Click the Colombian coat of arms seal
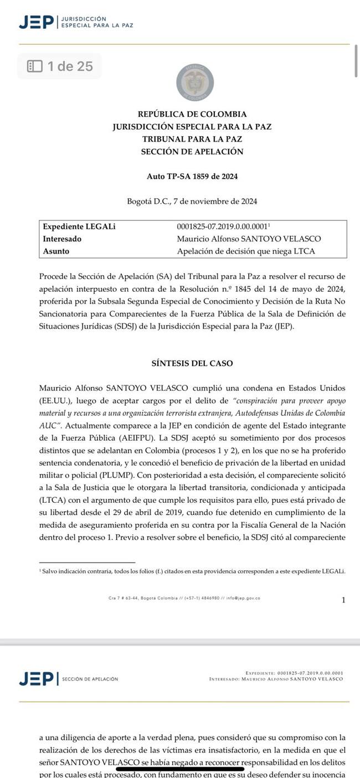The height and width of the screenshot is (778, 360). [195, 83]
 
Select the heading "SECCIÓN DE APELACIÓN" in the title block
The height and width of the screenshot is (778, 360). [192, 152]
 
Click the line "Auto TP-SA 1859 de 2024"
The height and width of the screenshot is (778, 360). [192, 177]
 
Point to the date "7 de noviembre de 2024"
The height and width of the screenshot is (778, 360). [215, 202]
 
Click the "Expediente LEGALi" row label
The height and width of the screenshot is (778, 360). [79, 226]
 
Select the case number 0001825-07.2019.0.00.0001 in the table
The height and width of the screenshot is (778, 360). [222, 226]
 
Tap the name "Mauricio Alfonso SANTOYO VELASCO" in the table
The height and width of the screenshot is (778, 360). [249, 239]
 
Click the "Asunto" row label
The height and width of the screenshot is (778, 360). [56, 251]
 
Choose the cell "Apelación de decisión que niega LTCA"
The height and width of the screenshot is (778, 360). [246, 251]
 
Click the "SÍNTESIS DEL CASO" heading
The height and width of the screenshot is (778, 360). [192, 363]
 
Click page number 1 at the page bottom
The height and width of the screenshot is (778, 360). [343, 600]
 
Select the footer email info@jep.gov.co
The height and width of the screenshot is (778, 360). [243, 598]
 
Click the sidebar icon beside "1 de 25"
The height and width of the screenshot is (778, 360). [35, 66]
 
